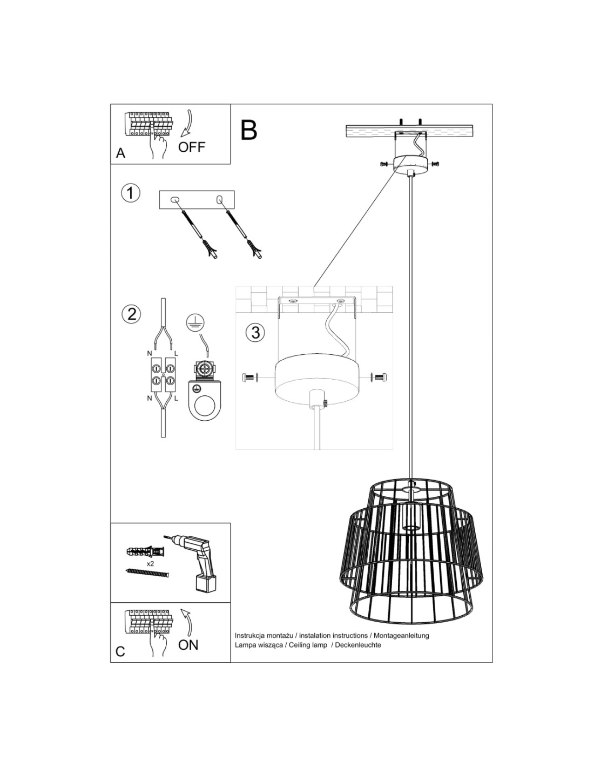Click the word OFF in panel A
coord(192,147)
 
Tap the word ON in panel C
coord(188,645)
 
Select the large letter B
coord(249,130)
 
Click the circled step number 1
coord(130,193)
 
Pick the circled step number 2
coord(131,313)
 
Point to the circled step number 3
coord(255,333)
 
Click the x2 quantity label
coord(150,564)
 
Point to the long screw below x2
coord(147,572)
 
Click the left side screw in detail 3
coord(250,378)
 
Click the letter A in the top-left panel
coord(120,153)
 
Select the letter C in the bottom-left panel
coord(120,651)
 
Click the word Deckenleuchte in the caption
coord(358,645)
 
